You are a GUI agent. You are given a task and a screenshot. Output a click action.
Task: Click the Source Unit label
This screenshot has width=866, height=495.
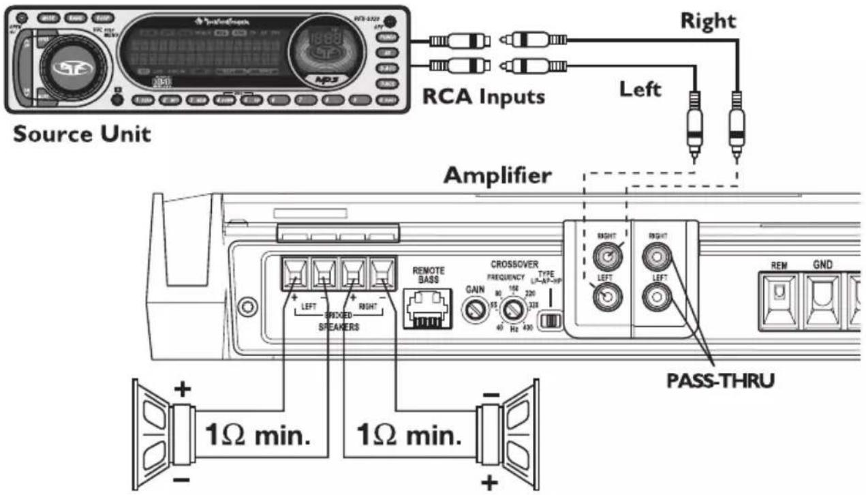pos(82,134)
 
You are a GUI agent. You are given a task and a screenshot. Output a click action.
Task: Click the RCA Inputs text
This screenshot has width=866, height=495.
pos(484,97)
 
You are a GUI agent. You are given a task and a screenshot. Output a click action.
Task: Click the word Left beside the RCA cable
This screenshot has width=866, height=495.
pos(640,89)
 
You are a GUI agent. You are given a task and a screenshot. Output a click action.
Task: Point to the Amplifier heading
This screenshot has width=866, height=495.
pos(497,175)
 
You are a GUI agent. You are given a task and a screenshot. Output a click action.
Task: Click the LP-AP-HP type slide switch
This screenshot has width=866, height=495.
pos(548,320)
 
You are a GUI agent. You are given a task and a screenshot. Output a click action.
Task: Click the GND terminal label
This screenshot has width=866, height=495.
pos(823,264)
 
